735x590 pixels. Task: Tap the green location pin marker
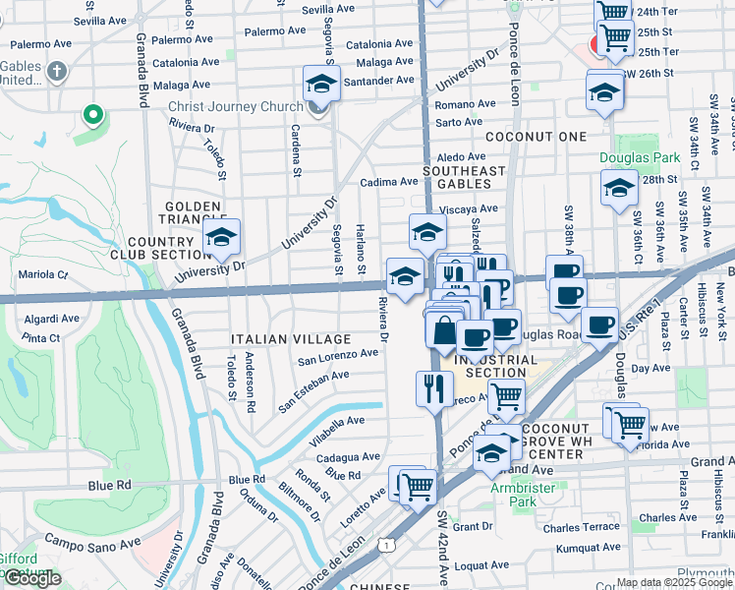pos(93,116)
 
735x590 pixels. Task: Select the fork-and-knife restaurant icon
pos(433,387)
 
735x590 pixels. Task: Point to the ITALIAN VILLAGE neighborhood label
pos(272,338)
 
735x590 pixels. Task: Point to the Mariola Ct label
pos(43,274)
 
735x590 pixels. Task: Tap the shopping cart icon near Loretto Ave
pos(418,487)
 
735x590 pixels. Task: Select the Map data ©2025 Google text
pos(673,582)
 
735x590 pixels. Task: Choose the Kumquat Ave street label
pos(582,548)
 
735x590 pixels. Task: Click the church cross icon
pos(58,71)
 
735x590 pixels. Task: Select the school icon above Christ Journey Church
pos(320,86)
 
